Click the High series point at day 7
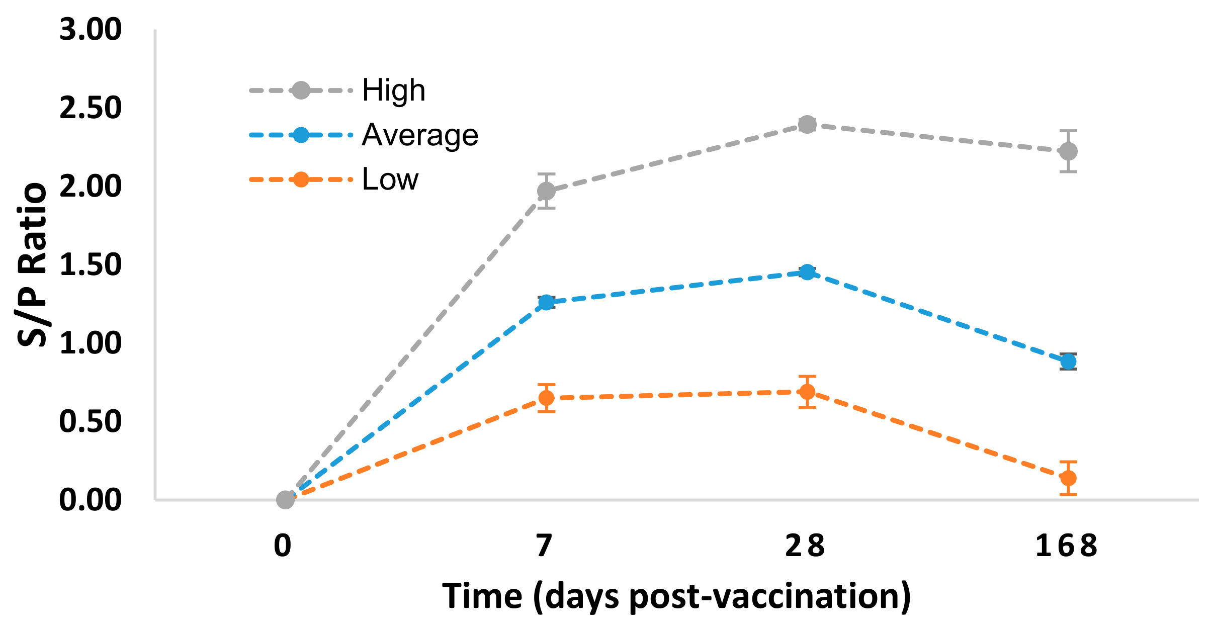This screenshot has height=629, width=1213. pos(546,191)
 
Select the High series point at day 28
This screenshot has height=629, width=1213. pos(807,124)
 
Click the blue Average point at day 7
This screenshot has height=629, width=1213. pos(546,302)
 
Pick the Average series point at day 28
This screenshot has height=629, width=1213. pos(807,273)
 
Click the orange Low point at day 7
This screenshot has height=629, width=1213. pos(546,398)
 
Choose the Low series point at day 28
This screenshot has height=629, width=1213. pos(807,392)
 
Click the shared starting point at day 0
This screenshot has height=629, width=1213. pos(285,500)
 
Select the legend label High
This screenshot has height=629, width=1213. pos(394,91)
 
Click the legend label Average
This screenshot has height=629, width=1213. pos(420,135)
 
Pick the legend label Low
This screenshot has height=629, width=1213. pos(390,179)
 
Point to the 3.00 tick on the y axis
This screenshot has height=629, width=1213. pos(91,29)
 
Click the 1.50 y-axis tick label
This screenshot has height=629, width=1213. pos(91,264)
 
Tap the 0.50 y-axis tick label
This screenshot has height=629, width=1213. pos(91,421)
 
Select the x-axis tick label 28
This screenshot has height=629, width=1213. pos(805,546)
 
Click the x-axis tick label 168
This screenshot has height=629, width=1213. pos(1066,546)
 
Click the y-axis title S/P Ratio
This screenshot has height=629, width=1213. pos(32,264)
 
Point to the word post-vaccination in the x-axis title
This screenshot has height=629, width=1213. pos(770,597)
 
